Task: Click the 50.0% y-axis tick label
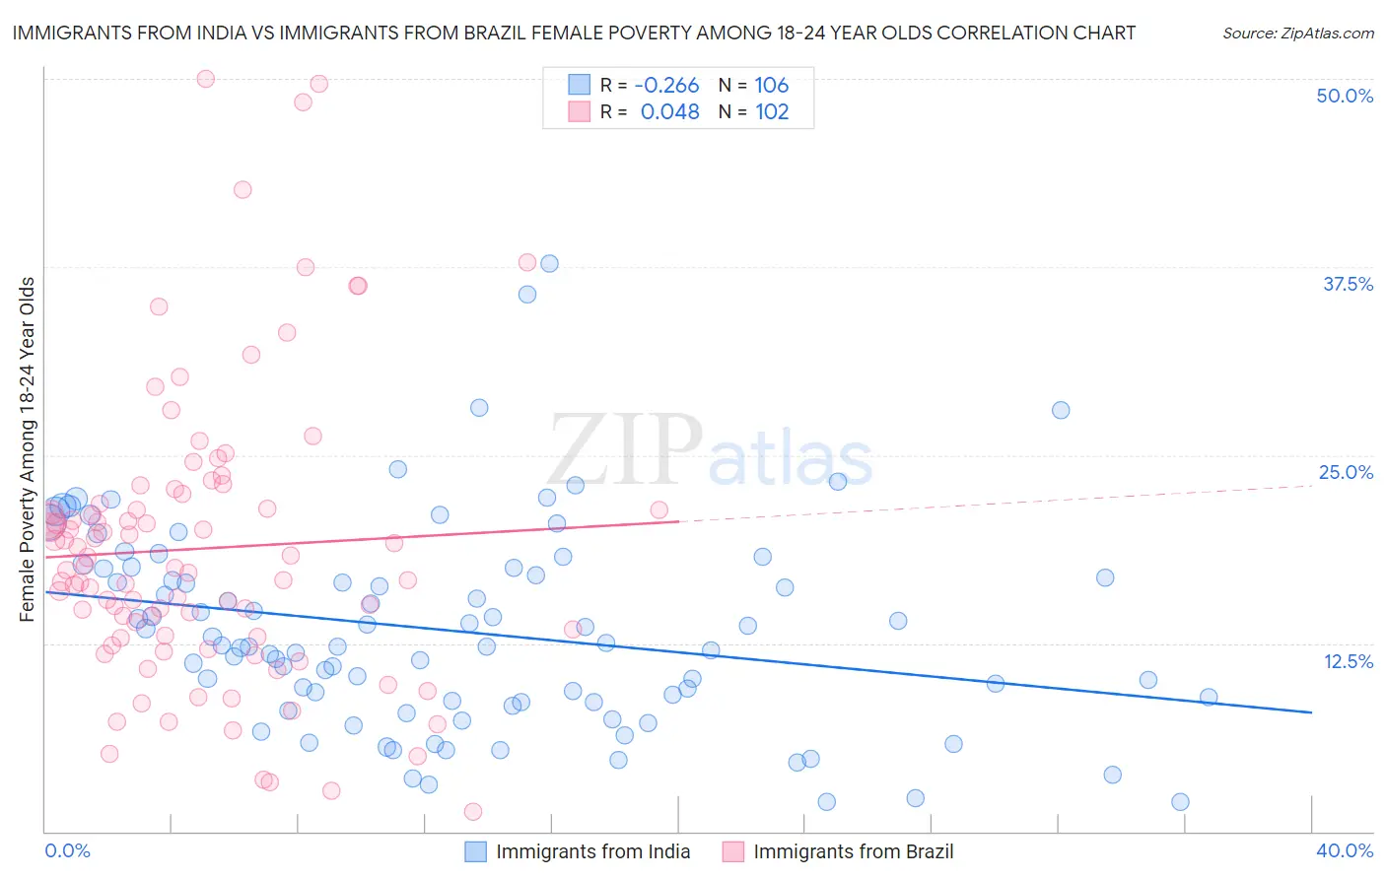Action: [x=1345, y=96]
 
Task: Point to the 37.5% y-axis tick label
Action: [x=1348, y=284]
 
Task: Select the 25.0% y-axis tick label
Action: [x=1346, y=472]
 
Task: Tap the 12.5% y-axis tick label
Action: [x=1348, y=660]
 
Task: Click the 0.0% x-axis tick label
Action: [x=68, y=850]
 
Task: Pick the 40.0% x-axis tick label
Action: [x=1345, y=850]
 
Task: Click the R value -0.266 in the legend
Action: [x=666, y=85]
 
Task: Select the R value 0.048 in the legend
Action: [x=669, y=111]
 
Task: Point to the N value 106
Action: [x=772, y=85]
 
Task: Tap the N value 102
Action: [x=772, y=111]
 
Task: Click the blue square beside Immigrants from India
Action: [x=475, y=851]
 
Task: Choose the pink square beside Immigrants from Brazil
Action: [x=732, y=851]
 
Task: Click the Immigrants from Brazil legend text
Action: [x=853, y=851]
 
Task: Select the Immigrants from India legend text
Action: [x=592, y=851]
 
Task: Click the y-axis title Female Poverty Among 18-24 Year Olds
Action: [x=27, y=449]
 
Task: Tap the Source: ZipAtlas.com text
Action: [x=1297, y=33]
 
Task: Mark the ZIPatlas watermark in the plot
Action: [x=710, y=451]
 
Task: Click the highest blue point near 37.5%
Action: [x=549, y=263]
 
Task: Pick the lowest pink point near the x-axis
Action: [x=472, y=811]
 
